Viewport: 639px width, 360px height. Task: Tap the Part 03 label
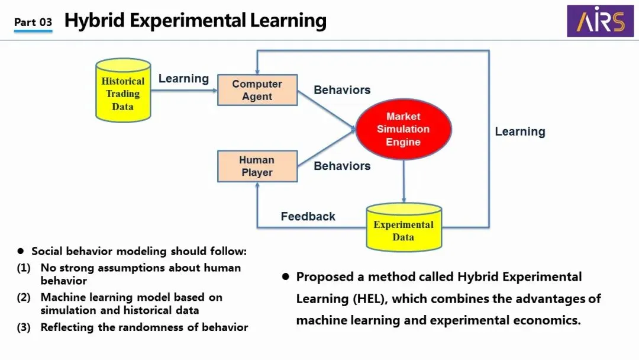pos(33,22)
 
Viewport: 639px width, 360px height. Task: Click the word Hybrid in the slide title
pos(93,21)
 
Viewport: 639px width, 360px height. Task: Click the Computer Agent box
pos(257,90)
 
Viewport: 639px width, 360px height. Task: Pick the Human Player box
pos(257,166)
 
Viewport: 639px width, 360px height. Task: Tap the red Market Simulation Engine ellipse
pos(404,129)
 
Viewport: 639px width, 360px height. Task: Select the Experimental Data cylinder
pos(404,229)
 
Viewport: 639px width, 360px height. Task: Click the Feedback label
pos(308,217)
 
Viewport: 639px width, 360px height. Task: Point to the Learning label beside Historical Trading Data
pos(183,79)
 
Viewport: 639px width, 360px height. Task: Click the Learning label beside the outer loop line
pos(520,131)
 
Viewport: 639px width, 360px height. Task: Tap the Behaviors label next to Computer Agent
pos(342,90)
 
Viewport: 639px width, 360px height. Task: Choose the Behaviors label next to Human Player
pos(342,166)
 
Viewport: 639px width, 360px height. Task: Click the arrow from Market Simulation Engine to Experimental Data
pos(404,181)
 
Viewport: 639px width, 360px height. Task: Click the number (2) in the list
pos(24,297)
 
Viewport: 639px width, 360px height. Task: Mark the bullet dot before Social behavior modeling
pos(21,252)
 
